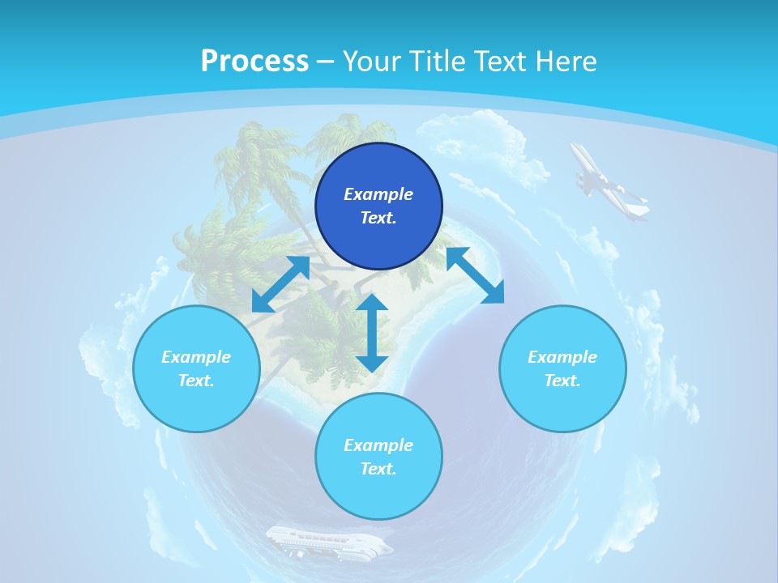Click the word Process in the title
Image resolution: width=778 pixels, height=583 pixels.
(254, 62)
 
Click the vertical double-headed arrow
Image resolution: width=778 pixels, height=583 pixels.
(372, 333)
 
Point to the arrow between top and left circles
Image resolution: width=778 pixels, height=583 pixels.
(281, 284)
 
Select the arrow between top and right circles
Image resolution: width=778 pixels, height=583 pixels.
(475, 276)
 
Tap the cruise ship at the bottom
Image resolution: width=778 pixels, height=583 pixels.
(328, 542)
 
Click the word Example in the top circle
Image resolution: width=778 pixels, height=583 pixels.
(378, 194)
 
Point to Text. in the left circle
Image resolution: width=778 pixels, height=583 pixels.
(196, 381)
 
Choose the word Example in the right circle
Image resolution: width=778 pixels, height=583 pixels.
(562, 357)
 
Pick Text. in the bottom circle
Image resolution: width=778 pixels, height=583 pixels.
(378, 469)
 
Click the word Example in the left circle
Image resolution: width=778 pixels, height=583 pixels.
(196, 357)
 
